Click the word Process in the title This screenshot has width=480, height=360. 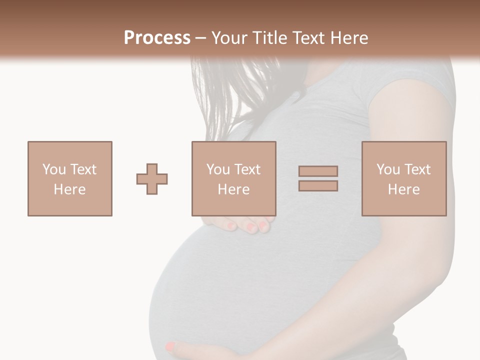157,38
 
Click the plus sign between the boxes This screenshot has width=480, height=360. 152,179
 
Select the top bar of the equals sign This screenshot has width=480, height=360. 318,171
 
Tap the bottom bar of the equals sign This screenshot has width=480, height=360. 318,186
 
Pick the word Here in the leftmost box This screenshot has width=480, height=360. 69,189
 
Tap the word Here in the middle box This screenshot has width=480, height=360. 233,189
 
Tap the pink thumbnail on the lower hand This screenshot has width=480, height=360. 170,346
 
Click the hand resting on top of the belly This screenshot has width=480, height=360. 245,223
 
